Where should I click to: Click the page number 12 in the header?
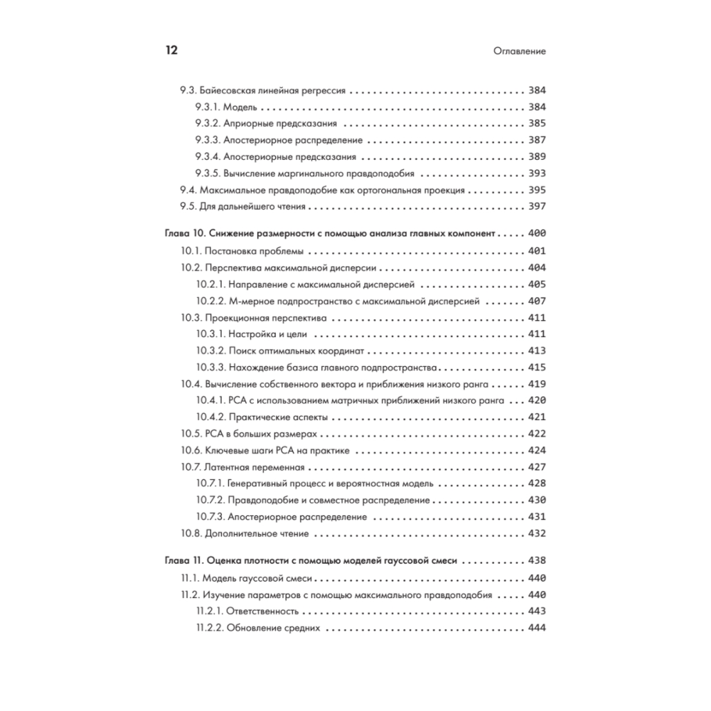click(171, 51)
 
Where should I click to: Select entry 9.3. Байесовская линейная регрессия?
click(262, 91)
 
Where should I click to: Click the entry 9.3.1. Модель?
click(225, 107)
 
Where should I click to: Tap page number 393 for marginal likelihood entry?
click(536, 173)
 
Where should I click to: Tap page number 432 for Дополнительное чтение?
click(536, 533)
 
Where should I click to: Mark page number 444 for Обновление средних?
click(536, 628)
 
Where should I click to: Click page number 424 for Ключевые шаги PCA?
click(536, 450)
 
